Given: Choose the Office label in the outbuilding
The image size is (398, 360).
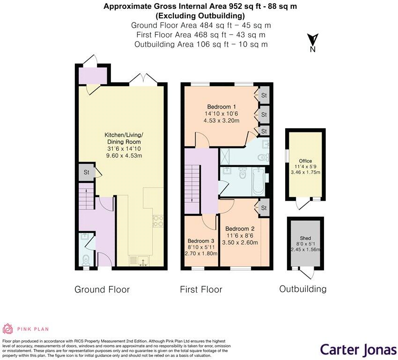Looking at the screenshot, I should coord(305,161).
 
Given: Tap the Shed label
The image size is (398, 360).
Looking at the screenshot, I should coord(305,238).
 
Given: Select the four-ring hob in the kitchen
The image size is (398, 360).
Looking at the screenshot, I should coord(157,220).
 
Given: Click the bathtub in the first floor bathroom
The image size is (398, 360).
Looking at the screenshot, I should coord(258,183).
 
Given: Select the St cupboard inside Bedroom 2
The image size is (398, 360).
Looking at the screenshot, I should coord(264,208).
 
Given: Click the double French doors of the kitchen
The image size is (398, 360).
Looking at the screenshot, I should coord(142,80).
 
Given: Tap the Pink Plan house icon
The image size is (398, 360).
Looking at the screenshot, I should coord(8,329).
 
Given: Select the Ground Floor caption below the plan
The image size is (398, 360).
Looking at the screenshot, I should coord(102,289).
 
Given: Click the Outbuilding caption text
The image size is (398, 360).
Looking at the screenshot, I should coord(303,289).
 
